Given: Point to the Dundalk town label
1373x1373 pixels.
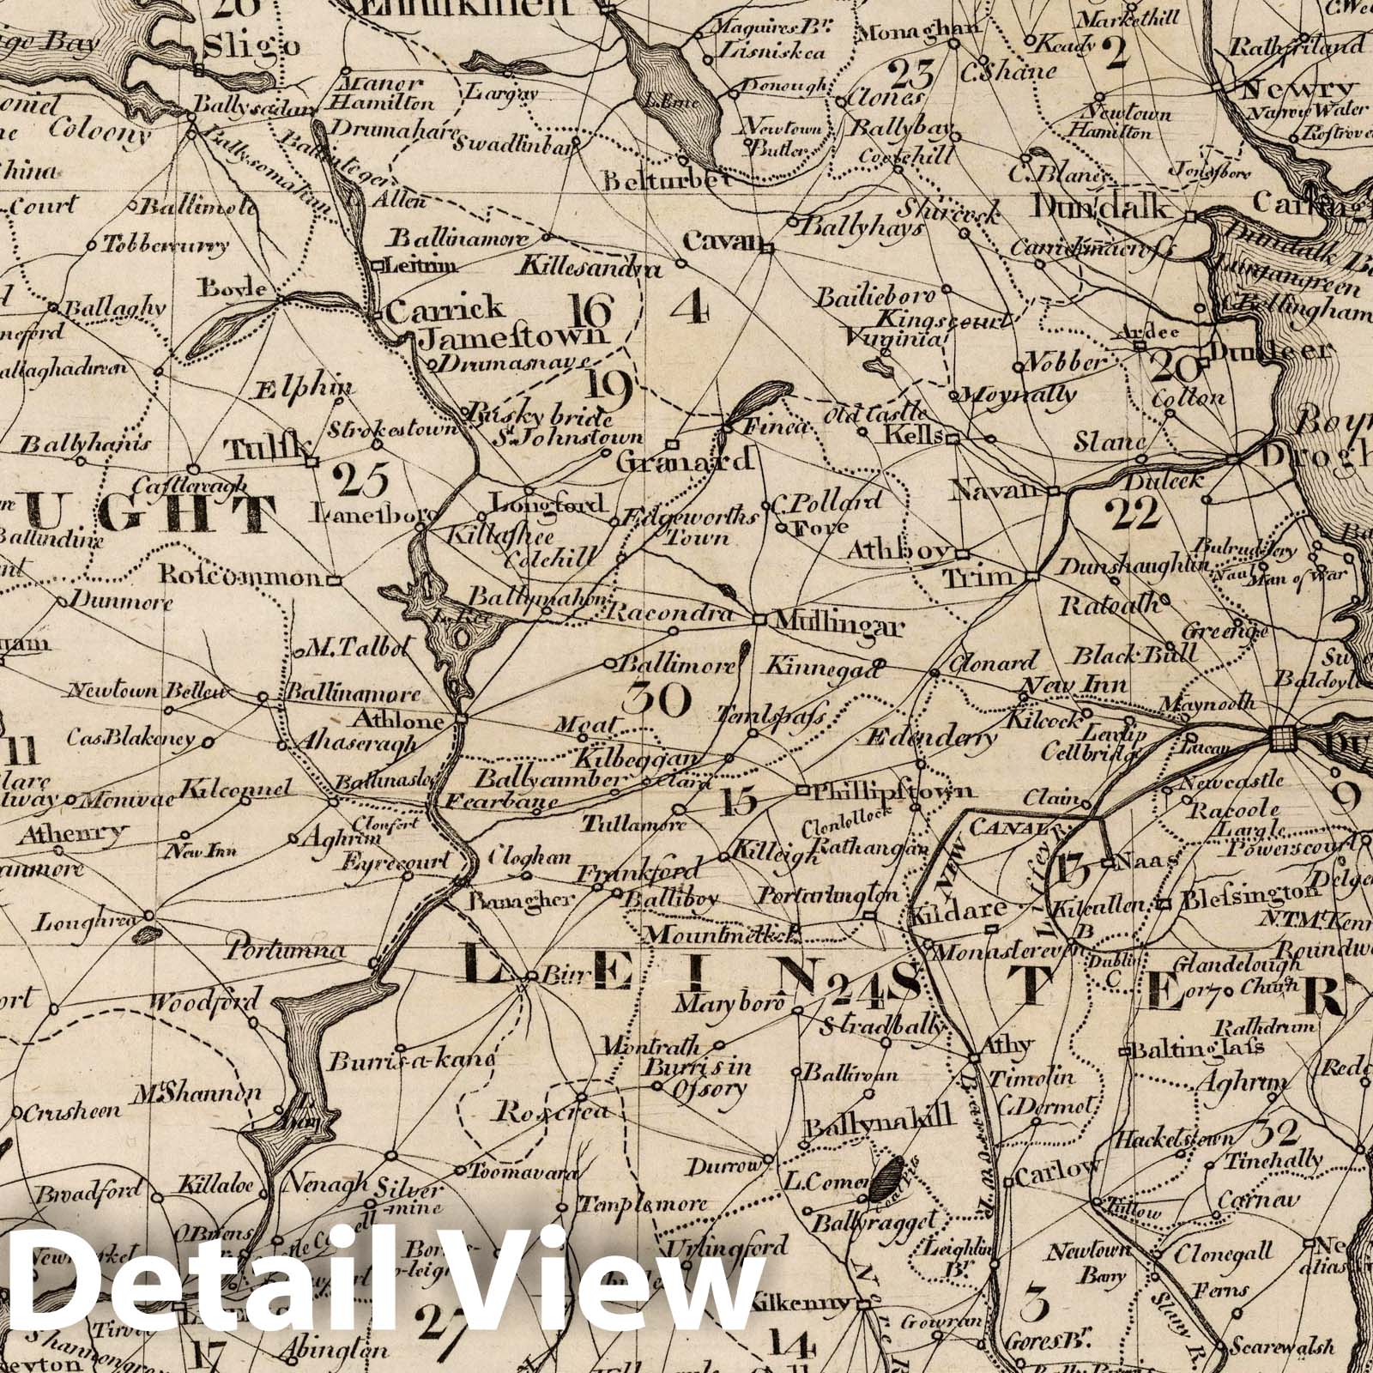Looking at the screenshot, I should click(x=1102, y=207).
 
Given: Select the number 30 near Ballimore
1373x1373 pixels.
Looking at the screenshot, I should click(x=657, y=699).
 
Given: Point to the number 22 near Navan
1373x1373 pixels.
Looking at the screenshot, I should click(x=1133, y=513).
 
